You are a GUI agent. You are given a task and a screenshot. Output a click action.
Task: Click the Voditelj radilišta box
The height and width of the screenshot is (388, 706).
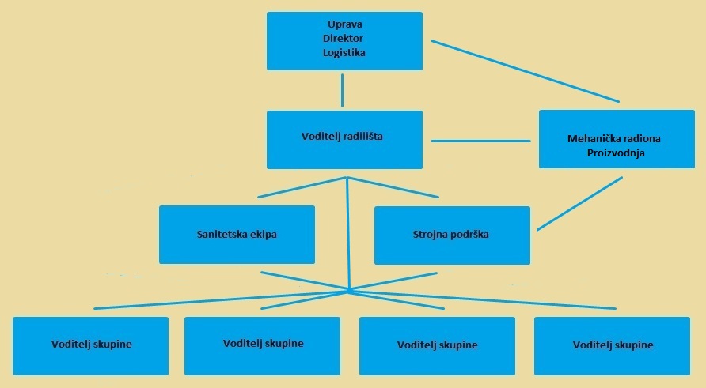coord(344,140)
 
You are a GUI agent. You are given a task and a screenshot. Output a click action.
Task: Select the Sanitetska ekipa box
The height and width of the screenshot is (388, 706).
coord(237,235)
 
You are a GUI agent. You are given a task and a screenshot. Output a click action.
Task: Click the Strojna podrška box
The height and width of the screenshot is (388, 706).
coord(451,235)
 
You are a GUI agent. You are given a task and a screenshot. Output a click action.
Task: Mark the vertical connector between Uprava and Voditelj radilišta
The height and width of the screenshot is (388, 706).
coord(342,90)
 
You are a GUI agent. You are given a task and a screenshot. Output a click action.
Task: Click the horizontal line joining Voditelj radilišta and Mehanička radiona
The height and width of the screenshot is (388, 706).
coord(480,141)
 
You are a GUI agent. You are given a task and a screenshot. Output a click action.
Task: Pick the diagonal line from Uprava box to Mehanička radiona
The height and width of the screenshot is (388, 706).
coord(525,71)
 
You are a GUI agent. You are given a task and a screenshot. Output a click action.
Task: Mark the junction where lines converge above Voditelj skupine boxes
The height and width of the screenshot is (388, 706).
coord(349,291)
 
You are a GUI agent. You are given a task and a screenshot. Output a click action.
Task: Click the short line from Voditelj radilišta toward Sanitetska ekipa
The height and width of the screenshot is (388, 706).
coord(301,187)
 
